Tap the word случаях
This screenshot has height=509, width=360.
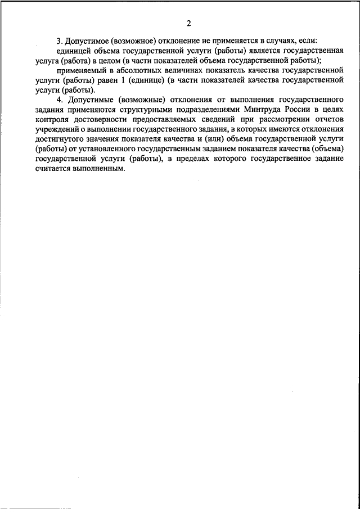pyautogui.click(x=283, y=42)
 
